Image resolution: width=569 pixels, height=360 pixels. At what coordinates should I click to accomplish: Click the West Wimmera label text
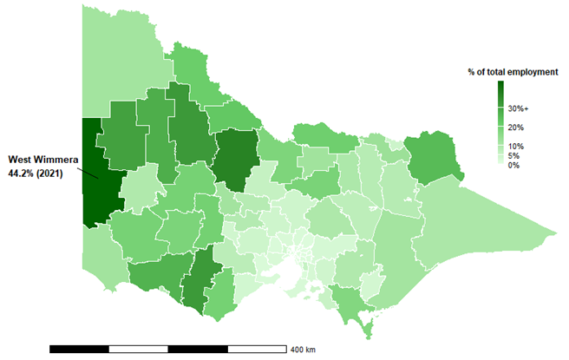pyautogui.click(x=43, y=159)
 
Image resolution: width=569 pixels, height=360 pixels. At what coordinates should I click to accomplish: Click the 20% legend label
pyautogui.click(x=516, y=128)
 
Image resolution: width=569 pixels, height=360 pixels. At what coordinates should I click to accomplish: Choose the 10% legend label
pyautogui.click(x=516, y=146)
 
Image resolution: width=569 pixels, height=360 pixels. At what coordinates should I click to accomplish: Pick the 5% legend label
pyautogui.click(x=514, y=155)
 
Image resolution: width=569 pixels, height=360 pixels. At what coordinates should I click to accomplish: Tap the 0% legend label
pyautogui.click(x=514, y=165)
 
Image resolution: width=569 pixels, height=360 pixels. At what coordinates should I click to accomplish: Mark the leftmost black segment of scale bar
pyautogui.click(x=79, y=349)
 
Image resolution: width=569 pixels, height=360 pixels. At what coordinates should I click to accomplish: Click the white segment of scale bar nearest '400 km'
pyautogui.click(x=258, y=349)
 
